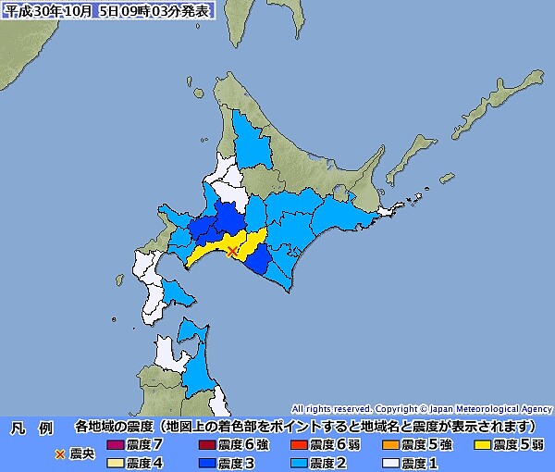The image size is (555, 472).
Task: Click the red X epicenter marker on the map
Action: [x=232, y=250]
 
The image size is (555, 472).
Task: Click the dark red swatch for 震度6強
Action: [x=205, y=445]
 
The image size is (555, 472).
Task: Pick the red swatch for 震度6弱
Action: [x=298, y=445]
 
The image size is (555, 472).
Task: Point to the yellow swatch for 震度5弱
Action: [x=482, y=445]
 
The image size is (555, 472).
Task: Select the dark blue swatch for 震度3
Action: [x=205, y=463]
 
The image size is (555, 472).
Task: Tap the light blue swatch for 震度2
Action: [x=298, y=463]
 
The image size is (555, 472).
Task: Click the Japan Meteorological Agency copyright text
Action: [x=421, y=408]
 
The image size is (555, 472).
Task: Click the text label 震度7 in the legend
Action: [x=144, y=445]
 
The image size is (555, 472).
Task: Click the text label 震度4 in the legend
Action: [x=144, y=463]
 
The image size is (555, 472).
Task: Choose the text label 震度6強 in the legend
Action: [x=240, y=445]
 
